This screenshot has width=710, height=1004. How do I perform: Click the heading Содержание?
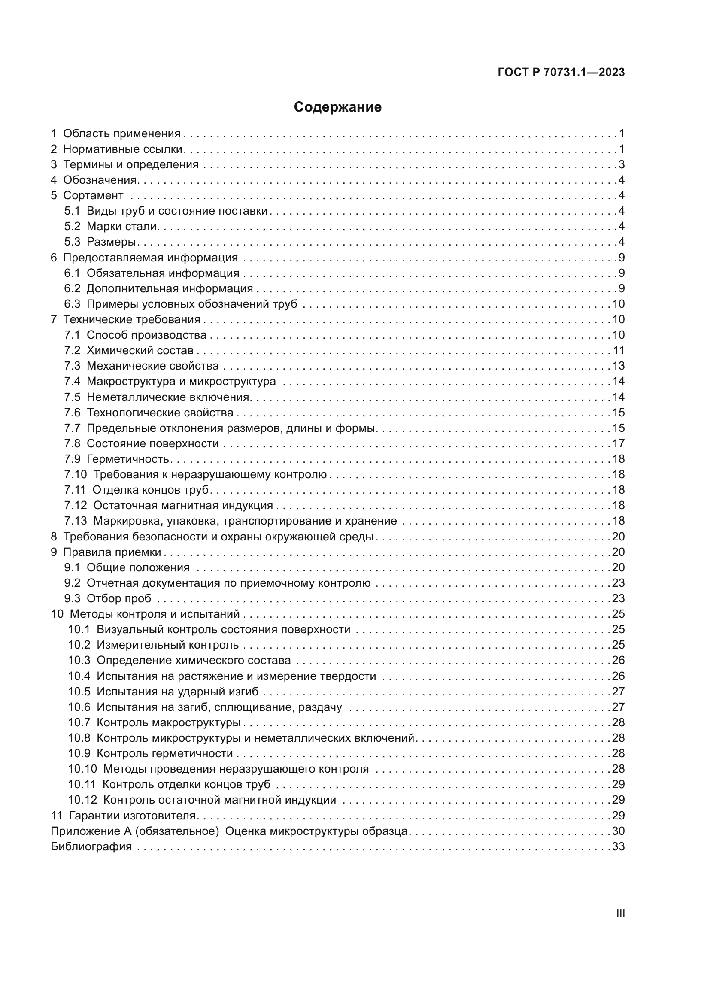pos(337,107)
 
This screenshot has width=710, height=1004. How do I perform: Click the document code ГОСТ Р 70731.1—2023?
pos(561,73)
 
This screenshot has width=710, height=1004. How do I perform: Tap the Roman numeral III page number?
pos(620,913)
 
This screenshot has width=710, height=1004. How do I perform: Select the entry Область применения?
pos(121,134)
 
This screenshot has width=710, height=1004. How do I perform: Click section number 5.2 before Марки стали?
pos(72,227)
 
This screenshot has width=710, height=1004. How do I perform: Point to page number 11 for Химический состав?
pos(619,350)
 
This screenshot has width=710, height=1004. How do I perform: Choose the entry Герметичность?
pos(127,459)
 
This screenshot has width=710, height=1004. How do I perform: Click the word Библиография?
pos(91,846)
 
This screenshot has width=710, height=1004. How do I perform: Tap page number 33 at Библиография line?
pos(618,846)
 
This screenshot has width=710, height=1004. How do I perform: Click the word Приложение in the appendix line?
pos(85,831)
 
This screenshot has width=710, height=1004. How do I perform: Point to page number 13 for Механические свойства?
pos(618,366)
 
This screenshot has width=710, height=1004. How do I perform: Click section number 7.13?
pos(76,521)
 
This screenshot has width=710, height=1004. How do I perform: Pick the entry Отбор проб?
pos(118,598)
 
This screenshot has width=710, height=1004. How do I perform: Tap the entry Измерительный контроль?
pos(167,645)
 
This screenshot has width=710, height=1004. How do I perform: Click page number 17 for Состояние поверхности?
pos(618,443)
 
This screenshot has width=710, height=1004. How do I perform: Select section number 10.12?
pos(82,800)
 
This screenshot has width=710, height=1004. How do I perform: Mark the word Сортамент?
pos(93,195)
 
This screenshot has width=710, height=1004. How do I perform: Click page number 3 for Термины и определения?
pos(621,165)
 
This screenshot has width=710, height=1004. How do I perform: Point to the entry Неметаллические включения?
pos(168,397)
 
